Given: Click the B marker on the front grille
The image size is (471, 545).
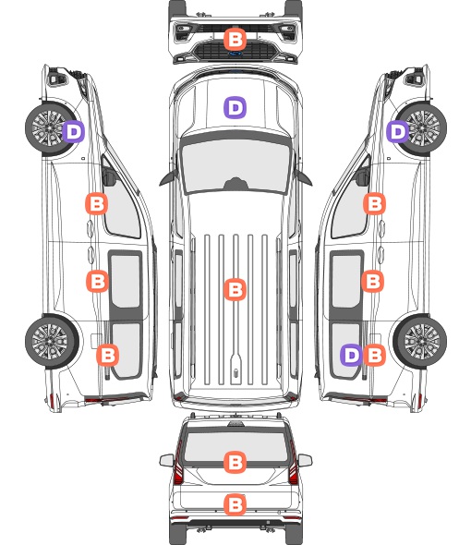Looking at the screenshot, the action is click(x=235, y=39).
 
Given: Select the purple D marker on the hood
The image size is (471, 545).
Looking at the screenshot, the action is click(x=235, y=107).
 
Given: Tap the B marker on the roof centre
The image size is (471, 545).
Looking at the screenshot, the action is click(x=235, y=289).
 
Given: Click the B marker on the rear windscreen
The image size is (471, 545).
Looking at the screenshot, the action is click(x=235, y=462).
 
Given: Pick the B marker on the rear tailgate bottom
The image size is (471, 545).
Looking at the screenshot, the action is click(x=235, y=504).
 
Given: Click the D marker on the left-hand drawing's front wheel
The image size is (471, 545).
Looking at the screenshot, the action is click(x=74, y=131).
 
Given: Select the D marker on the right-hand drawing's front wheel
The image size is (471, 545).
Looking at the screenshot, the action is click(x=398, y=131).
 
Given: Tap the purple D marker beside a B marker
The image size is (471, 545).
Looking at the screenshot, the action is click(x=352, y=355).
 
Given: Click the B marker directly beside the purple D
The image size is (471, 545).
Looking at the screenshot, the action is click(x=374, y=355).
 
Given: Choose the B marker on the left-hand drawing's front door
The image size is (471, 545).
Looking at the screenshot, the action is click(x=97, y=203).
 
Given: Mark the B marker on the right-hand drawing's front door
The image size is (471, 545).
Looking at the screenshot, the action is click(x=374, y=203).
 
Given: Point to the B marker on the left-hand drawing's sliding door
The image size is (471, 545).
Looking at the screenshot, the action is click(x=97, y=281).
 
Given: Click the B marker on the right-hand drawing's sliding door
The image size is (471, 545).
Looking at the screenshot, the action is click(x=372, y=281).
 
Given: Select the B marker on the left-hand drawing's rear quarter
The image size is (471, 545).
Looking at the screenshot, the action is click(x=107, y=355).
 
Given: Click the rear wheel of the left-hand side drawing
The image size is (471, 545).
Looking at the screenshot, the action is click(x=52, y=342).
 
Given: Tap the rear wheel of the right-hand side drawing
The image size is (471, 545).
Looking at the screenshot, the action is click(x=420, y=342).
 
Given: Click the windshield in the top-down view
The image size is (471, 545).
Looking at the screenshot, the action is click(x=235, y=163).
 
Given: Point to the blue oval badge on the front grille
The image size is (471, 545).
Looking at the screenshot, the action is click(x=235, y=54).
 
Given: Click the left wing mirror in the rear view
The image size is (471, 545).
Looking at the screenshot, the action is click(x=167, y=460).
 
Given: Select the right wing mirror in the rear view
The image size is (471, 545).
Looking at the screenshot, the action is click(x=305, y=460).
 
